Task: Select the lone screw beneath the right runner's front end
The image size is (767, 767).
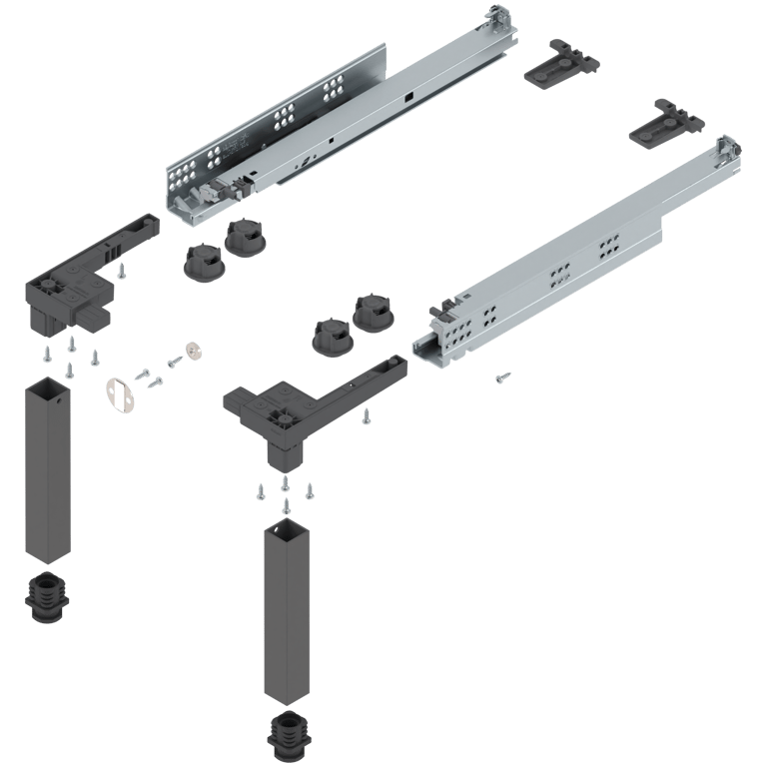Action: [503, 377]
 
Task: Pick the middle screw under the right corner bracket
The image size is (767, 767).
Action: [285, 483]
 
